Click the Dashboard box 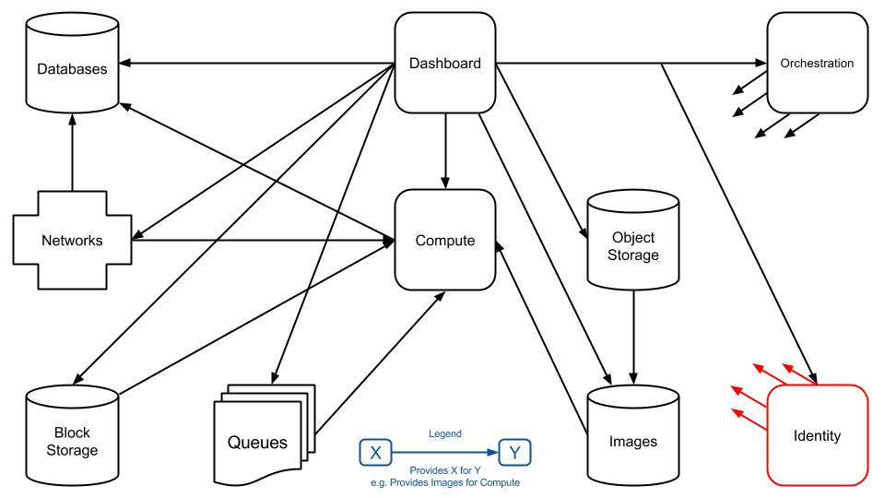[444, 63]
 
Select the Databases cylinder [72, 63]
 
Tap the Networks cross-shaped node [72, 240]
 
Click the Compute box [444, 240]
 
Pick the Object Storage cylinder [632, 240]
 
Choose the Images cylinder [632, 435]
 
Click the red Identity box [817, 435]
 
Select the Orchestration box [817, 63]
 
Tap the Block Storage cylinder [72, 435]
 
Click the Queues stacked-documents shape [265, 435]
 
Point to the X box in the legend [375, 452]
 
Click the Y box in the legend [514, 452]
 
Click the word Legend [444, 433]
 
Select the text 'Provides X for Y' [444, 470]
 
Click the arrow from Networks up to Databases [72, 152]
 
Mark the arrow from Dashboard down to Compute [444, 151]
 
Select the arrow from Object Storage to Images [633, 338]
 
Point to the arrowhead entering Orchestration [761, 63]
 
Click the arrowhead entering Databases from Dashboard [125, 63]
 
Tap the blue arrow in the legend [445, 452]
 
